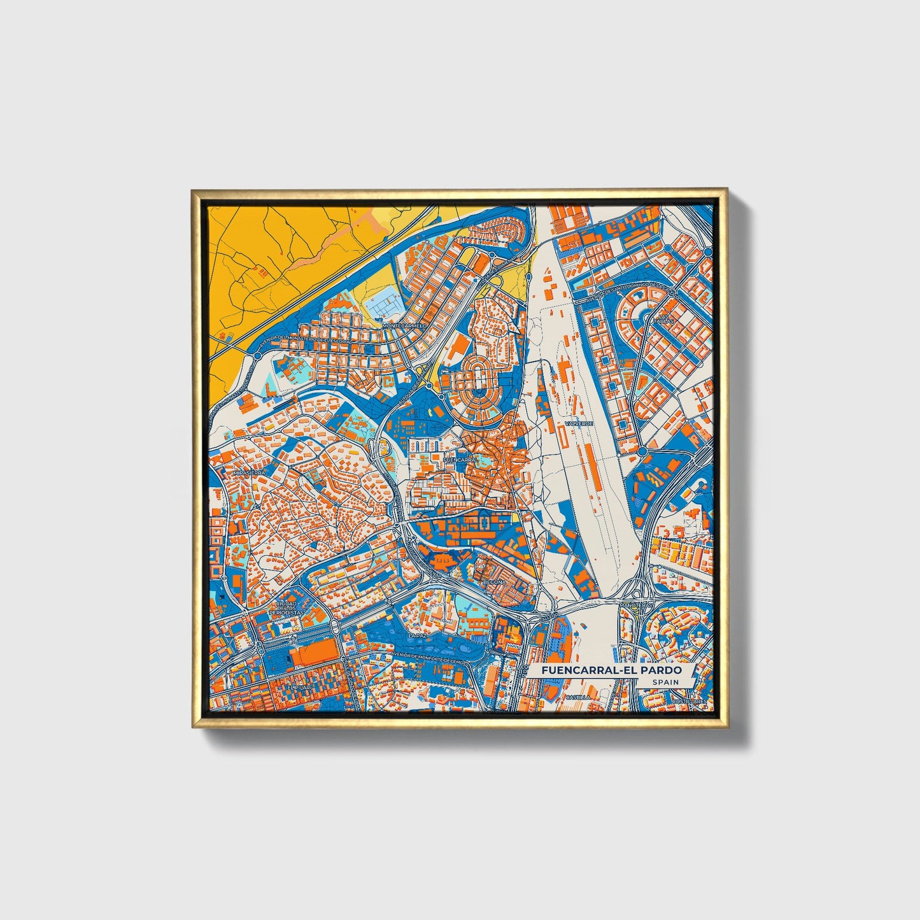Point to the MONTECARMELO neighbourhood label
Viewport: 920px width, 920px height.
(404, 325)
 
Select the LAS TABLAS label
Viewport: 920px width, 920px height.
(664, 319)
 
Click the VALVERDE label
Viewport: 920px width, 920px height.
(579, 423)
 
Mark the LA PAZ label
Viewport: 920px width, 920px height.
(417, 635)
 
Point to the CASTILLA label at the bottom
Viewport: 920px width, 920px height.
(577, 698)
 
